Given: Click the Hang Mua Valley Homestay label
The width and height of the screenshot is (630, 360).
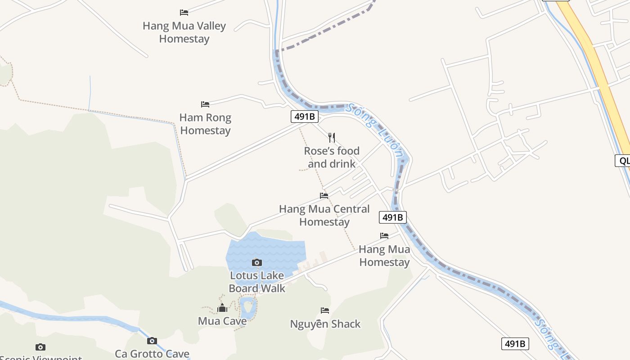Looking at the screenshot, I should [184, 32].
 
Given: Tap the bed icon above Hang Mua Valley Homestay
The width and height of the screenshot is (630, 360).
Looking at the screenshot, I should [184, 13].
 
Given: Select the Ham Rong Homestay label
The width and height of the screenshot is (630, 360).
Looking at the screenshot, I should [205, 124].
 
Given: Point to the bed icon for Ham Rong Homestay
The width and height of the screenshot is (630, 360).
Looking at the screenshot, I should [205, 104].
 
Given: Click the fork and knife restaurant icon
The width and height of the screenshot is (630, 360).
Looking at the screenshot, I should [332, 137].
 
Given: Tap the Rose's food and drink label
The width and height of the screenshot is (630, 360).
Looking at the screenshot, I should [332, 157].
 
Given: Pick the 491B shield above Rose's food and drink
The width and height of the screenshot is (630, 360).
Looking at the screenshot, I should [304, 117].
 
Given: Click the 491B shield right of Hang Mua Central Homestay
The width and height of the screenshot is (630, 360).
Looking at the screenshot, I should [393, 217].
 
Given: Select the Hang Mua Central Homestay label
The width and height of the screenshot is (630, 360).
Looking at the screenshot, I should [324, 216].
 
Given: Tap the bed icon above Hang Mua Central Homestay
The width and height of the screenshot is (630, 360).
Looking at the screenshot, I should [324, 196].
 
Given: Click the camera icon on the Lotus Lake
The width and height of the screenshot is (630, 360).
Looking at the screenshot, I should [257, 262].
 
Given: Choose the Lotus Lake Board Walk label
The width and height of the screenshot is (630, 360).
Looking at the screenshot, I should [257, 282].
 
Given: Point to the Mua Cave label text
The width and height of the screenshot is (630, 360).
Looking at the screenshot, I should [222, 321].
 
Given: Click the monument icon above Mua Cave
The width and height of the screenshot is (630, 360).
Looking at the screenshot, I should [222, 308].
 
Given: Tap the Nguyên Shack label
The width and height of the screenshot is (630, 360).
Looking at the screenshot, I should [325, 324].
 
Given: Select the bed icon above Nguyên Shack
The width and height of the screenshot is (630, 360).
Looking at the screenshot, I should [325, 310].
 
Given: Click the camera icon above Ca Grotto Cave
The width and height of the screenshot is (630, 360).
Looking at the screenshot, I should [152, 341].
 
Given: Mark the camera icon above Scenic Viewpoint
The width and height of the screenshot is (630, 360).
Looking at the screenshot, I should [40, 347].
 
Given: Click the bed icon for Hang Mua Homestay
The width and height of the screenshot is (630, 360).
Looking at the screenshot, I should [384, 236].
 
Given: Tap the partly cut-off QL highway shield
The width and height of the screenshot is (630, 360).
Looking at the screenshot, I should [623, 161].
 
